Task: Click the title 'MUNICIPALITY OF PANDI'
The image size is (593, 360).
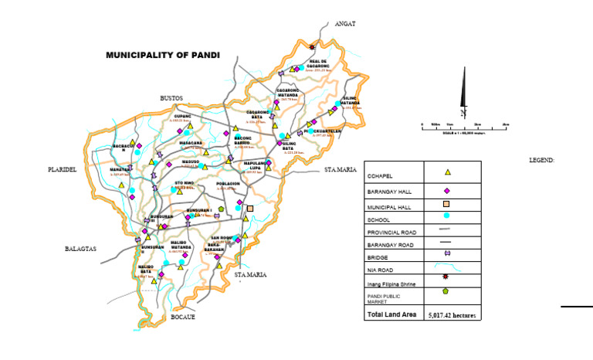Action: coord(163,56)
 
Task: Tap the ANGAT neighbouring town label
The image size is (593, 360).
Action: coord(344,24)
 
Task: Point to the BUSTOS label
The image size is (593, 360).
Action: coord(171,98)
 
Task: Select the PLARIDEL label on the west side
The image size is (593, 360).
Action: coord(62,169)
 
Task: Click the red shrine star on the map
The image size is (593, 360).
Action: coord(312,46)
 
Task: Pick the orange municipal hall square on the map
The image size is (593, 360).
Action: coord(249,208)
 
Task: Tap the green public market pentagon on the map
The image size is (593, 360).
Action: coord(221,209)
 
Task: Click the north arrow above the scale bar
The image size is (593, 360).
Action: coord(463,91)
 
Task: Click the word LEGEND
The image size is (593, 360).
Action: coord(542,160)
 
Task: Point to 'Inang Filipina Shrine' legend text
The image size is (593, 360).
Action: coord(392,284)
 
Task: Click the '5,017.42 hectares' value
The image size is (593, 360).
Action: coord(453,315)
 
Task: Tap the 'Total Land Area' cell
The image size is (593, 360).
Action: coord(393,315)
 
